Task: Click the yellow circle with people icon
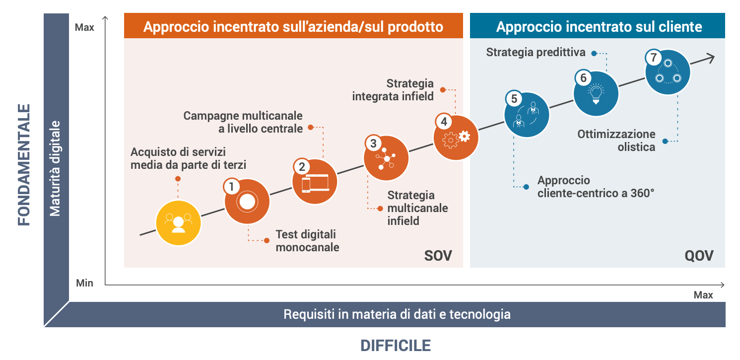coord(178,223)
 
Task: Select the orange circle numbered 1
coord(247,201)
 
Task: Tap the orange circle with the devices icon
coord(315,181)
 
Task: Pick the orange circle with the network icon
coord(386,158)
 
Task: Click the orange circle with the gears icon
coord(456,137)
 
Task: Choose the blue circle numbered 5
coord(527,114)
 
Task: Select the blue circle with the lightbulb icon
coord(596,93)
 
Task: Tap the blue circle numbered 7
coord(668,72)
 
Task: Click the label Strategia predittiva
coord(536,52)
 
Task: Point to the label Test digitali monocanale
coord(307,241)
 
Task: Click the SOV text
coord(438,256)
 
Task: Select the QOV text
coord(699,256)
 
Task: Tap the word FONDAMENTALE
coord(24,165)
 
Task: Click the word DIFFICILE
coord(396,346)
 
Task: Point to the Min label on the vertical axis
coord(84,283)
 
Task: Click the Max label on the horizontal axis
coord(703,295)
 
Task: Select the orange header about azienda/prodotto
coord(293,26)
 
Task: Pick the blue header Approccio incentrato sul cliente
coord(597,26)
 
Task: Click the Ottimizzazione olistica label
coord(616,141)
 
